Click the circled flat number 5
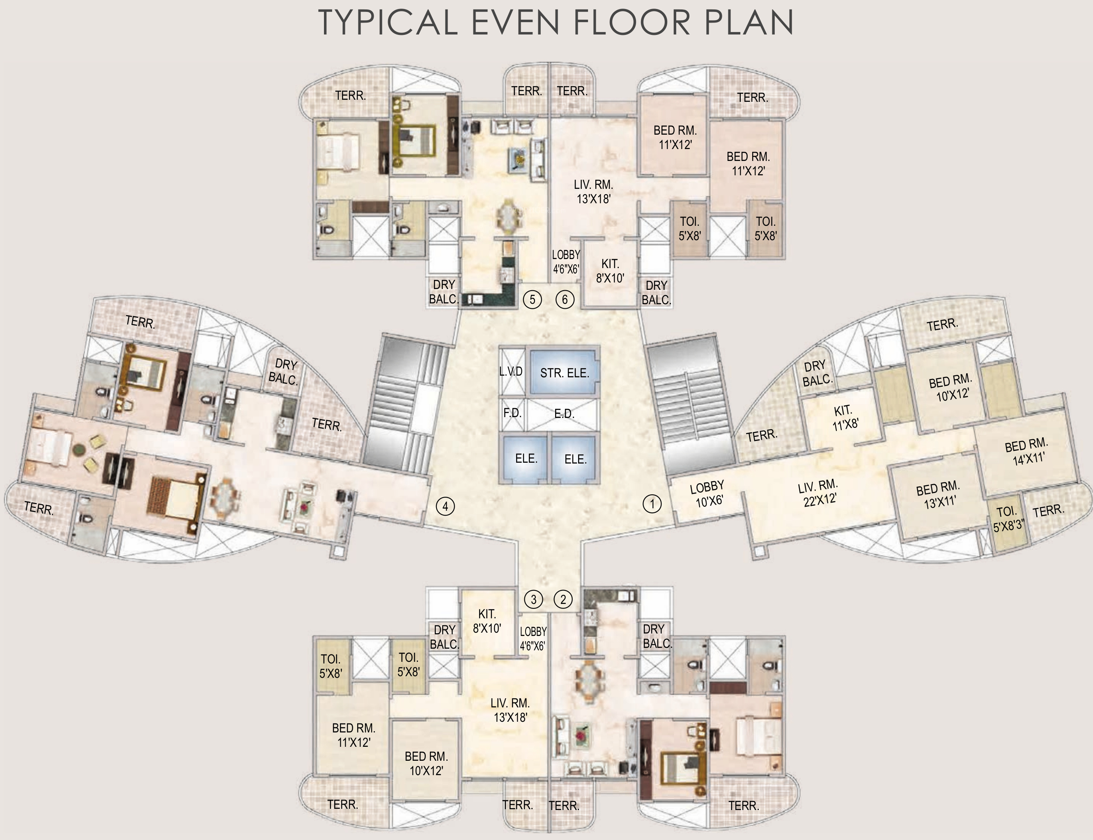click(532, 299)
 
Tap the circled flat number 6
click(565, 299)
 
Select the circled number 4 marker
click(445, 507)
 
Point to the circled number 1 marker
click(652, 503)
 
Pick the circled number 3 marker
click(533, 599)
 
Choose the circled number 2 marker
click(563, 599)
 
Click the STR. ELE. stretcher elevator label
click(565, 373)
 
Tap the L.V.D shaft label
click(510, 372)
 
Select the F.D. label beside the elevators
click(512, 413)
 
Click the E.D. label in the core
click(565, 413)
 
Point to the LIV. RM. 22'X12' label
click(818, 493)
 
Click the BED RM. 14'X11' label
click(1027, 452)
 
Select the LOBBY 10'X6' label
click(708, 494)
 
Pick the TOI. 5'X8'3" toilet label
click(1008, 519)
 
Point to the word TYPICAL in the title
click(388, 23)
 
